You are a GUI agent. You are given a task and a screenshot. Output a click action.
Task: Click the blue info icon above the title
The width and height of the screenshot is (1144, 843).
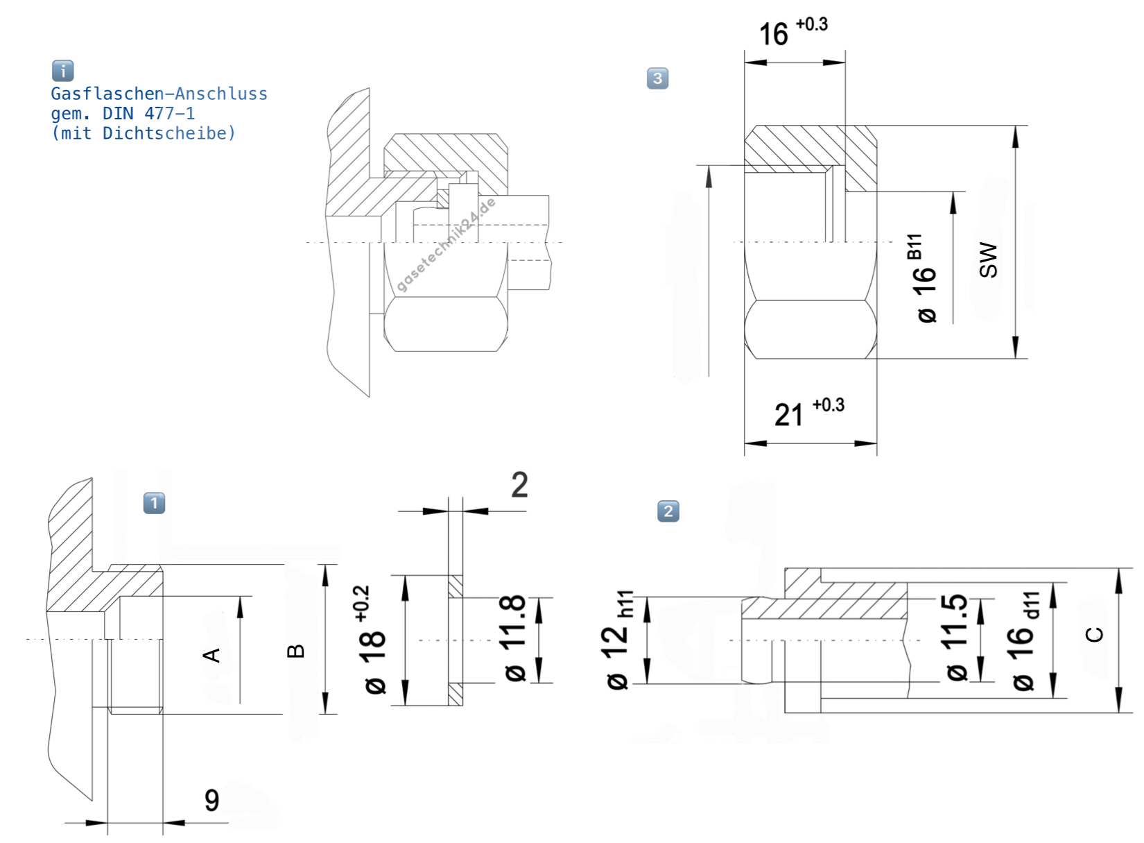click(63, 71)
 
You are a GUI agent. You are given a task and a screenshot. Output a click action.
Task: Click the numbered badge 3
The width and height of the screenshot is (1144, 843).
click(657, 78)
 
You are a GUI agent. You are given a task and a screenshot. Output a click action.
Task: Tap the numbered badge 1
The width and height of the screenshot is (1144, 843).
click(154, 503)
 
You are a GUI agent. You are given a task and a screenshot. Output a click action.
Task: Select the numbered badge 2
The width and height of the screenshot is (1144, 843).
click(668, 511)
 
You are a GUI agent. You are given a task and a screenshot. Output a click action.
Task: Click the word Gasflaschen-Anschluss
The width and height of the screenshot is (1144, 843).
click(159, 94)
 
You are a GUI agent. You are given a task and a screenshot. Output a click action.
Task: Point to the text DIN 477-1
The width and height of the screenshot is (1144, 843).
click(148, 113)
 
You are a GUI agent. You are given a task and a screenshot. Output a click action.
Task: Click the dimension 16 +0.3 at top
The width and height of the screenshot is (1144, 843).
click(793, 32)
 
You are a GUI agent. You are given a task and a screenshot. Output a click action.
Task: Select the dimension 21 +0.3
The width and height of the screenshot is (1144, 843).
click(810, 413)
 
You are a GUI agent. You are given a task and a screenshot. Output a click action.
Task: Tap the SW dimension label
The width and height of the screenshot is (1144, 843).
click(988, 260)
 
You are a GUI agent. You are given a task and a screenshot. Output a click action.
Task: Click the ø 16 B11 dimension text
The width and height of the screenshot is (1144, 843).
click(924, 278)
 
